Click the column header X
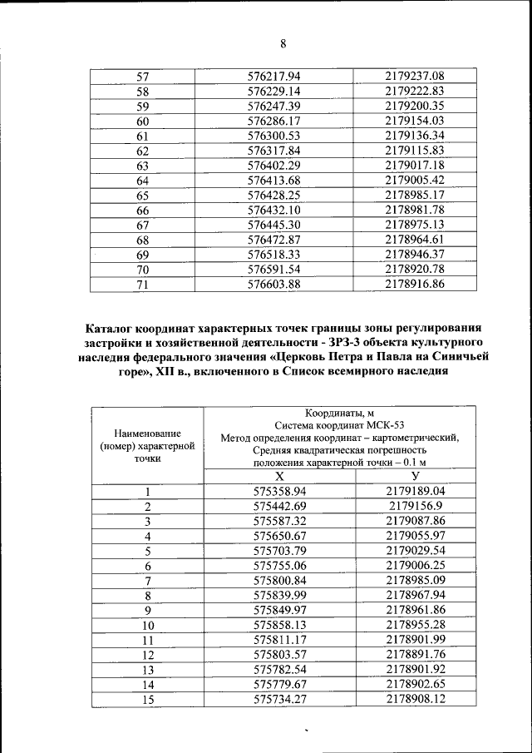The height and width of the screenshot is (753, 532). click(279, 475)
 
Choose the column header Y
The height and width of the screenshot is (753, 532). click(415, 475)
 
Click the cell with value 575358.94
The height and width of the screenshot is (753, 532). click(279, 491)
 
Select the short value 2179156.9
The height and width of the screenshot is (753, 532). click(415, 506)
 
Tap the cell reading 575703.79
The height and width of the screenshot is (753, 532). click(279, 551)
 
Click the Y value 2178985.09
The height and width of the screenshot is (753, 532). click(415, 580)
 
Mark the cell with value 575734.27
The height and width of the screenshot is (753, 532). click(279, 700)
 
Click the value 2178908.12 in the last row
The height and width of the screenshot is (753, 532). click(415, 700)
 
